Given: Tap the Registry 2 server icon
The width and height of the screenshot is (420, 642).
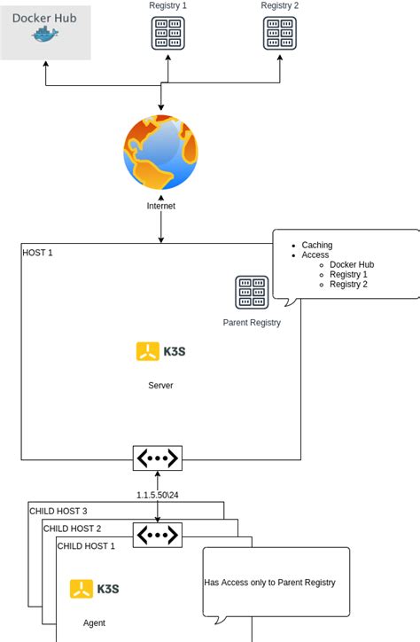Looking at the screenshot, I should coord(279,33).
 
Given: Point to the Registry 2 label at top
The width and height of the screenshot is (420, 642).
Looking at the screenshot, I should coord(279,6).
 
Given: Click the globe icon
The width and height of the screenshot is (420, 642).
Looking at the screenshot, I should coord(160,152).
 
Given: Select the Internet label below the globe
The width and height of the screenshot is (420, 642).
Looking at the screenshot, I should coord(160,206).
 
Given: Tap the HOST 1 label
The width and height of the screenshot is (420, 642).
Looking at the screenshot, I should coord(38,253).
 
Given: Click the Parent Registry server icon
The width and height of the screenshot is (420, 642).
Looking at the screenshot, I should coord(252,292).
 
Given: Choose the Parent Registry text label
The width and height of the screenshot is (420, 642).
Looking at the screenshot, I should coord(252,323).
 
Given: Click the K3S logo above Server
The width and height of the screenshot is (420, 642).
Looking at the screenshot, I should coord(160,351).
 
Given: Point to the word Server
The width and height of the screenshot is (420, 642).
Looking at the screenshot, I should coord(160,386).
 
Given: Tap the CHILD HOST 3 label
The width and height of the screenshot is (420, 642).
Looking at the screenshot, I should coord(58,511).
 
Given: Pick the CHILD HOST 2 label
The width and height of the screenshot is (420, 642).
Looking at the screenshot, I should coord(73,528).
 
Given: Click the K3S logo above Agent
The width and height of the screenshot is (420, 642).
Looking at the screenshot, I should coord(94,589).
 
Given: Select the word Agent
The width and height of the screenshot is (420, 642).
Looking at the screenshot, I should coord(94,623).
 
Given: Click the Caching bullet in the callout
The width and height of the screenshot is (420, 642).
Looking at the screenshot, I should coord(316,245).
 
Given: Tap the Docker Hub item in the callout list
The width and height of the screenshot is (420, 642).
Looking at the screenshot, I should coord(351,264).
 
